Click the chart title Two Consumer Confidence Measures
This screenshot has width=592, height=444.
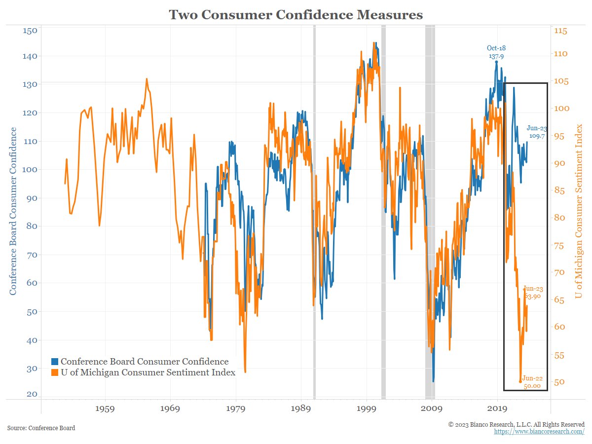tap(296, 15)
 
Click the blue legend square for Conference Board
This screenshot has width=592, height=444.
tap(55, 362)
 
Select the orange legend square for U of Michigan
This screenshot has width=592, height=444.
tap(55, 372)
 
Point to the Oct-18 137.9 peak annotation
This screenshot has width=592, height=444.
tap(496, 52)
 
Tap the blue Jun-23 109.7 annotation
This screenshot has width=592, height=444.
tap(537, 131)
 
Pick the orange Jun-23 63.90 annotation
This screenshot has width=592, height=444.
tap(533, 293)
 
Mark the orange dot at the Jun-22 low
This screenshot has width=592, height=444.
tap(520, 381)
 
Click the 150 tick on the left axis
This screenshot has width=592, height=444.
tap(31, 31)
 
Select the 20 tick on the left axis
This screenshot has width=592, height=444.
tap(32, 394)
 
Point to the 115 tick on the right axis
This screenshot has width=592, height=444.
tap(561, 31)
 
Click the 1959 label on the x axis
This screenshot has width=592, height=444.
tap(106, 409)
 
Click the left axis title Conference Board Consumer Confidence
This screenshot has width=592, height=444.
tap(13, 211)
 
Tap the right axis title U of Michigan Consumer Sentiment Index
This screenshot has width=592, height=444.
tap(579, 211)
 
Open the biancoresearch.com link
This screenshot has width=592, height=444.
tap(539, 432)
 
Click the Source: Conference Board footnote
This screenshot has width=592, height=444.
tap(41, 428)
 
